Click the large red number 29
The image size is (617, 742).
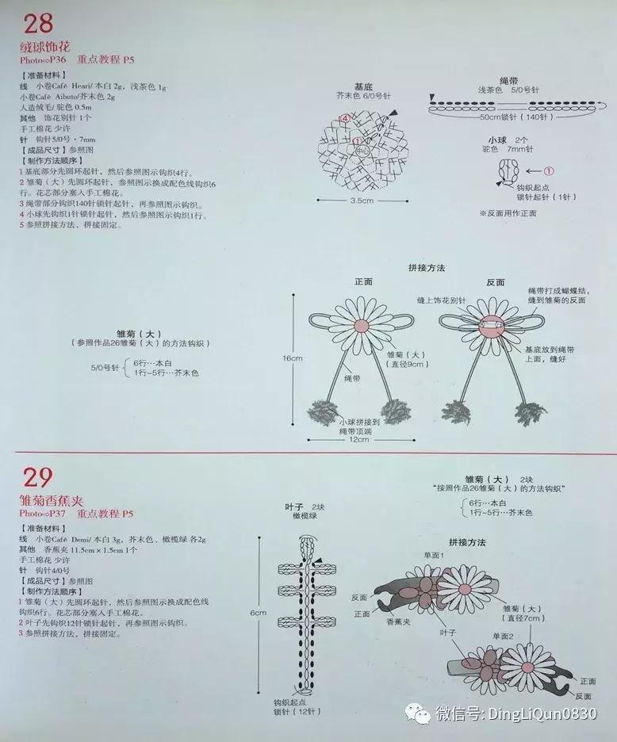point(36,477)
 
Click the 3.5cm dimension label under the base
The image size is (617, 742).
point(361,201)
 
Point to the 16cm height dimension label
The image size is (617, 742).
point(293,358)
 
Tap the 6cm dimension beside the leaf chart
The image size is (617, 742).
point(259,613)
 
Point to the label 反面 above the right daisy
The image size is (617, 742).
point(496,282)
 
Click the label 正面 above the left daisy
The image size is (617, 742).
point(363,282)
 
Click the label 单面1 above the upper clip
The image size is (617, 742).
point(434,556)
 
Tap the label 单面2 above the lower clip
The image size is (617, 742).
point(502,636)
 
